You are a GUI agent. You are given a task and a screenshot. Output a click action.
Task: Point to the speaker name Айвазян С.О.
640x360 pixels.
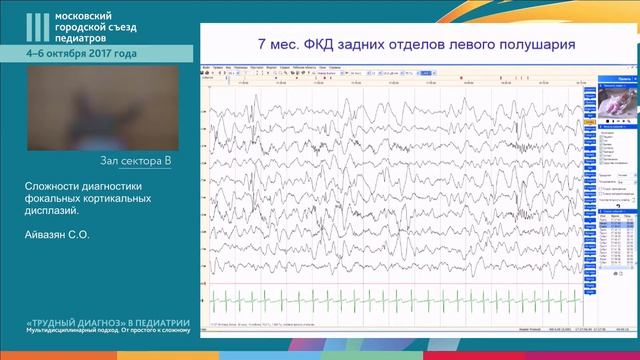57,236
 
